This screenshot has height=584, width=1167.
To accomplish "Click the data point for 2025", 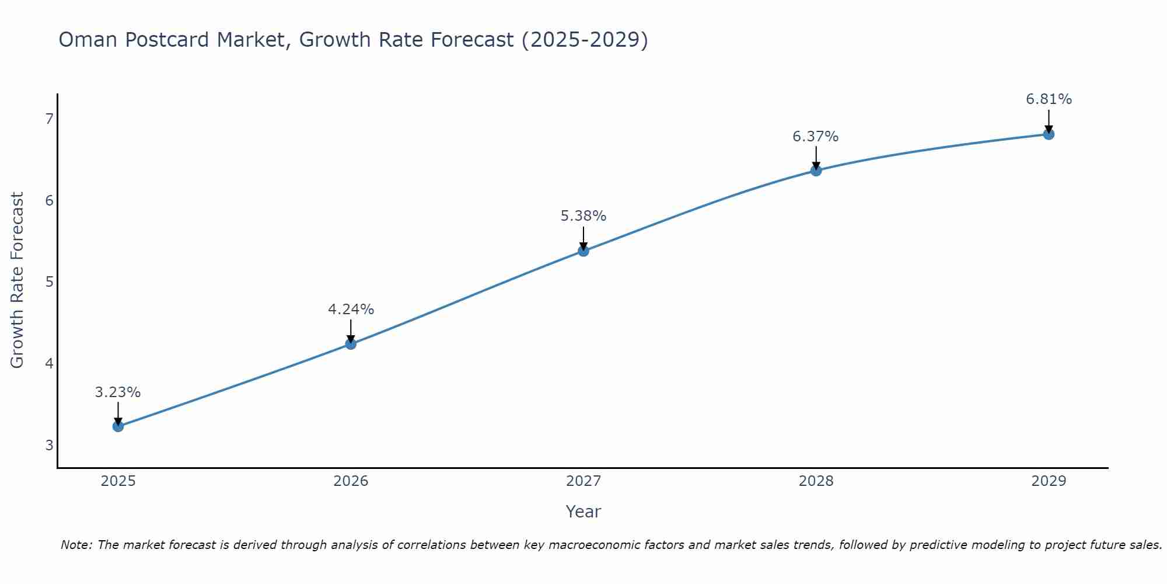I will pyautogui.click(x=118, y=426).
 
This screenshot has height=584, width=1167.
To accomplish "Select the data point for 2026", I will pyautogui.click(x=351, y=344).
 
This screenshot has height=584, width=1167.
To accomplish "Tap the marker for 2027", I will pyautogui.click(x=583, y=251).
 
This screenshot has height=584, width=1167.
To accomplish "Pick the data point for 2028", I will pyautogui.click(x=816, y=171).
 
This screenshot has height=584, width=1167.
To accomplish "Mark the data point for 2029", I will pyautogui.click(x=1049, y=134).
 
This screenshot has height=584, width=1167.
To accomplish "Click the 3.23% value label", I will pyautogui.click(x=118, y=392).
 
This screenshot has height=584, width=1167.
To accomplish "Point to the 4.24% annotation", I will pyautogui.click(x=351, y=310).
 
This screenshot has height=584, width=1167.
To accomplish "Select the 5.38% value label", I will pyautogui.click(x=583, y=216).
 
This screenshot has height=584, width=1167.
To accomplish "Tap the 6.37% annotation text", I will pyautogui.click(x=816, y=137).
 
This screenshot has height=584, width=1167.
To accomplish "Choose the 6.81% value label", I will pyautogui.click(x=1049, y=99).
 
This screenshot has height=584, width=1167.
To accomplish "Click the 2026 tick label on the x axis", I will pyautogui.click(x=351, y=481).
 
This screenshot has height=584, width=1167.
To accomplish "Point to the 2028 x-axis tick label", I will pyautogui.click(x=816, y=481).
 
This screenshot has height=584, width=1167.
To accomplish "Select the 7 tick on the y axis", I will pyautogui.click(x=49, y=119).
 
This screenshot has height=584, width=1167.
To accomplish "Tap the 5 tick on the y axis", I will pyautogui.click(x=49, y=282).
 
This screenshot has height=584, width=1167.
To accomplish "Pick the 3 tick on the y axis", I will pyautogui.click(x=49, y=445).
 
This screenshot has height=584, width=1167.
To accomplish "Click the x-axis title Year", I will pyautogui.click(x=583, y=512).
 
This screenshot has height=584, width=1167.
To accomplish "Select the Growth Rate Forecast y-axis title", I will pyautogui.click(x=18, y=280).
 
